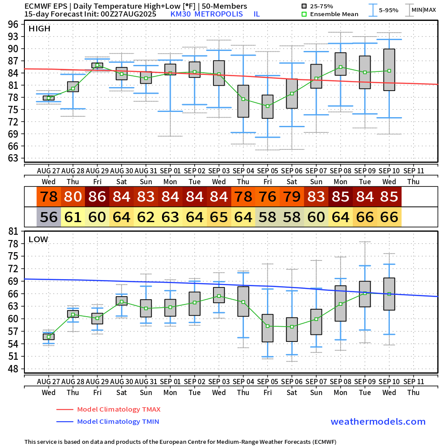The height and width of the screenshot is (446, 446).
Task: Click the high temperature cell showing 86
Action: [x=97, y=197]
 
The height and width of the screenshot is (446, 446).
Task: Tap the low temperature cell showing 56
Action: [x=48, y=217]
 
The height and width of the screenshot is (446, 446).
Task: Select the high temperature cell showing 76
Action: [x=267, y=197]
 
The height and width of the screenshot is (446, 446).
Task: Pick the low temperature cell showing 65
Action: [x=219, y=217]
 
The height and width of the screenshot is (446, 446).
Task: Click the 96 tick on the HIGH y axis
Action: [x=13, y=24]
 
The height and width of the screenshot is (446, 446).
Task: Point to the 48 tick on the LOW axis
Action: [x=13, y=369]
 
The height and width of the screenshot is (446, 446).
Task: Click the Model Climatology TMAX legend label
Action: [x=118, y=409]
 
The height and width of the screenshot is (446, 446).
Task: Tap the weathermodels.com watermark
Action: [x=378, y=422]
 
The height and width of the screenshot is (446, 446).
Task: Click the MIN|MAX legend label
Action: [x=423, y=10]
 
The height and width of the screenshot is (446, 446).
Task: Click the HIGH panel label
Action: [x=40, y=29]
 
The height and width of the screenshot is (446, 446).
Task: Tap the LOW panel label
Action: [x=38, y=240]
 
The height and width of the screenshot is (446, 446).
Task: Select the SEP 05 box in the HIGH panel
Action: [x=267, y=107]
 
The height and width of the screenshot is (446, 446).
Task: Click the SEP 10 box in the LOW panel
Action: [x=389, y=294]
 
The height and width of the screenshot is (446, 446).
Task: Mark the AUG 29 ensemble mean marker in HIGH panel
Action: [x=97, y=65]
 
